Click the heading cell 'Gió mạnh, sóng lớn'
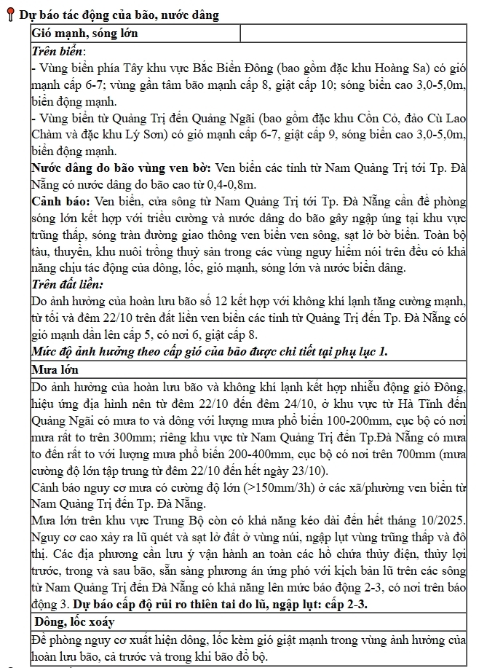coord(84,34)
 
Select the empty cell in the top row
coord(352,34)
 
